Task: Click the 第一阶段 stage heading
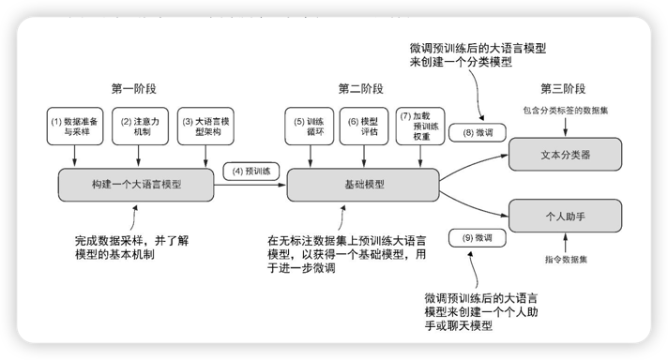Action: pos(133,89)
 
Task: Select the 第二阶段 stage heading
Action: pos(360,89)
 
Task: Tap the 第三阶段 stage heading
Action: pos(564,89)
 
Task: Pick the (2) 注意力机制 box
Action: pos(138,127)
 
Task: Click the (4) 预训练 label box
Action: pos(251,172)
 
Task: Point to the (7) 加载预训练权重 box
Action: pos(418,127)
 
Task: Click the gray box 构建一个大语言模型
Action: pos(137,185)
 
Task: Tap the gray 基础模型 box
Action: pos(360,185)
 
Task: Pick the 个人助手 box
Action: pos(564,215)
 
